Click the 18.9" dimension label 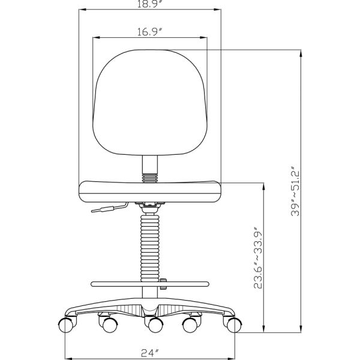pos(150,4)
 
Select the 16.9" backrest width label pos(149,32)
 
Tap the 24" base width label pos(150,353)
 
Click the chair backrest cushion pos(150,102)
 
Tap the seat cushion pos(150,192)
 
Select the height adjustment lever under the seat pos(109,208)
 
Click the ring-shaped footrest pos(150,284)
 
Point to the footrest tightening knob pos(163,284)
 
